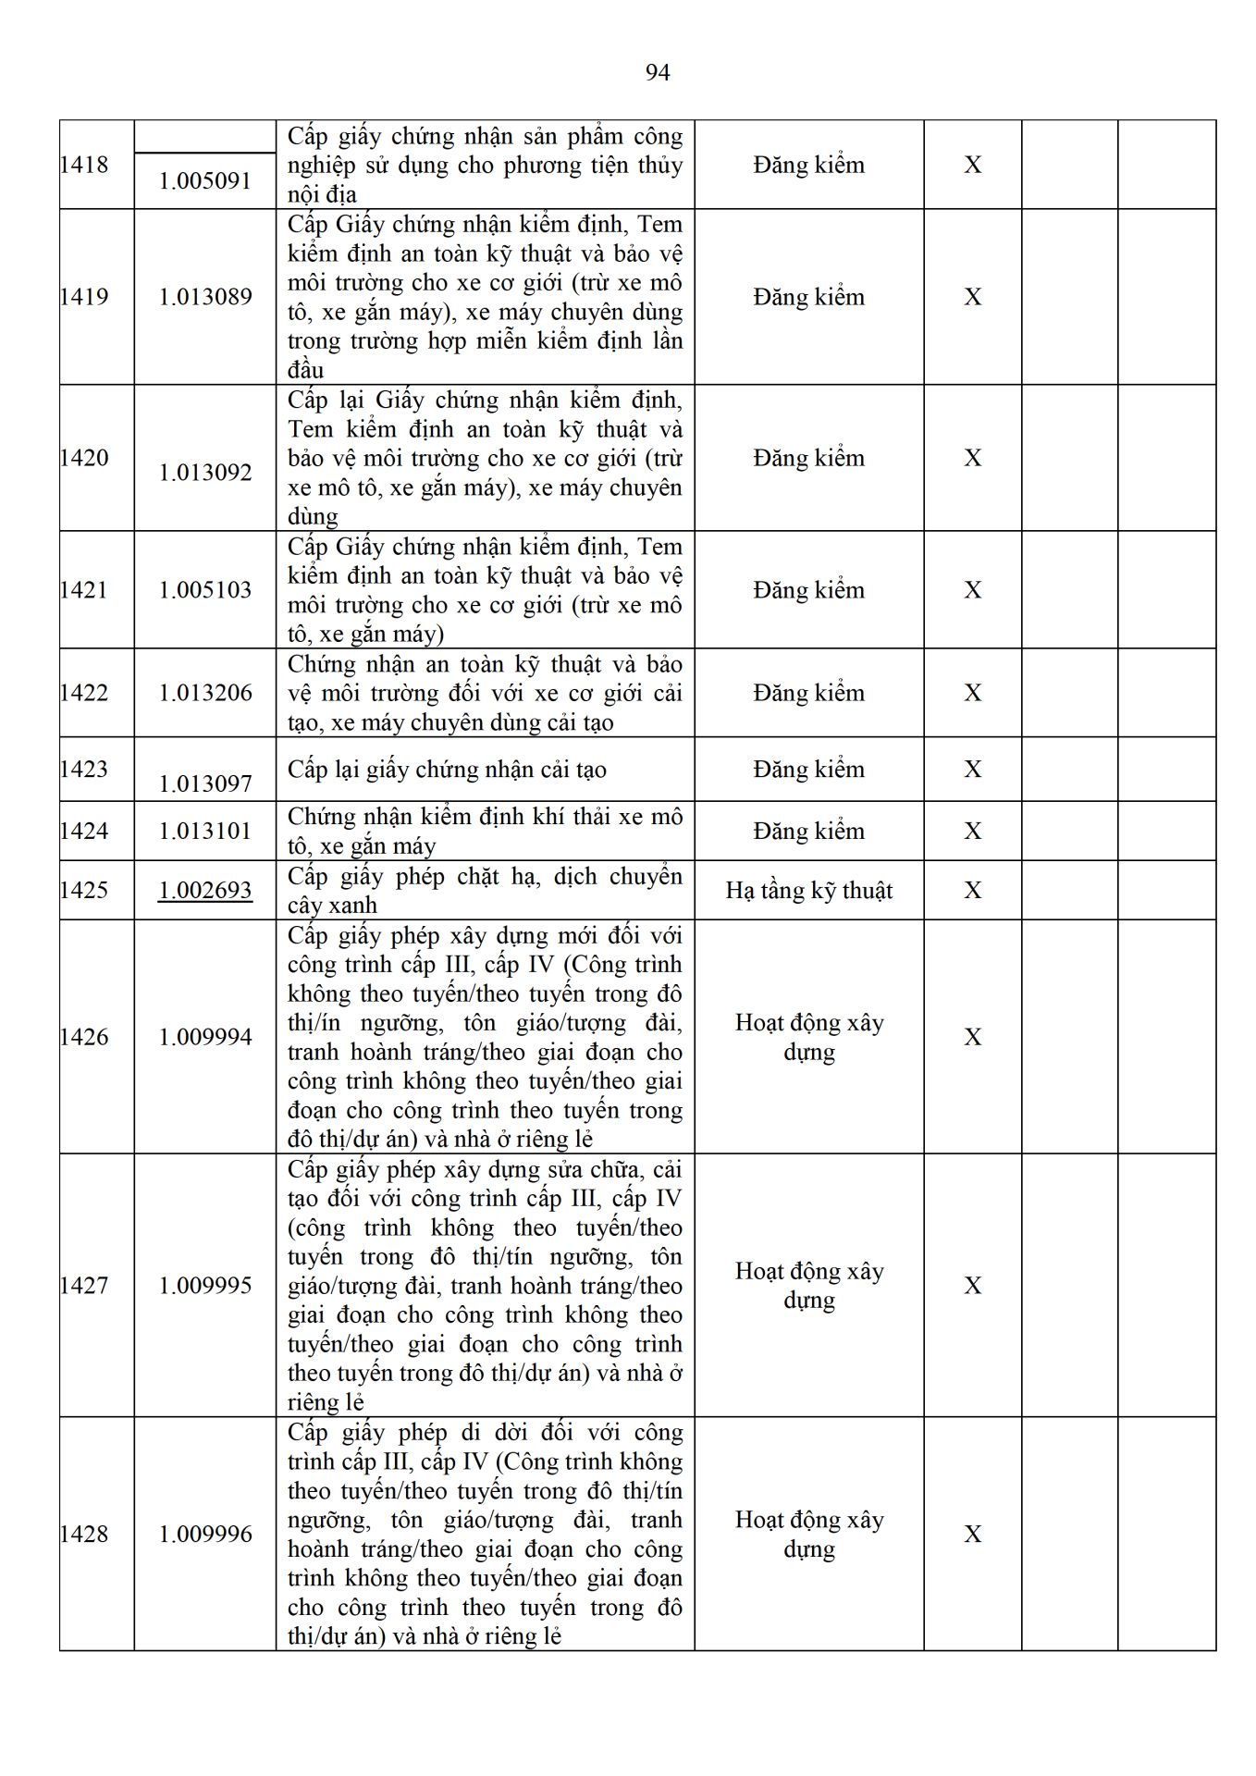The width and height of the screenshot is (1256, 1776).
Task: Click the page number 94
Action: (657, 73)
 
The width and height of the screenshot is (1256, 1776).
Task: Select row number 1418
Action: (84, 165)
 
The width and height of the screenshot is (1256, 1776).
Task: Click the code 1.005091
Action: (205, 180)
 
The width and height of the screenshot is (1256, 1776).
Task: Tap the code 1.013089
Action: (205, 297)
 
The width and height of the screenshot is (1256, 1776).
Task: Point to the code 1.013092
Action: (205, 473)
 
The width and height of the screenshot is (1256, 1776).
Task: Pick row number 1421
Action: (84, 590)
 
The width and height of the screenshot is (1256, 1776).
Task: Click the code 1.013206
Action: (205, 693)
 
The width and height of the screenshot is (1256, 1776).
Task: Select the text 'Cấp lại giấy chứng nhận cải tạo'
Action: (447, 770)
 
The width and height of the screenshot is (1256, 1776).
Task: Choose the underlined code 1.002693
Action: (205, 890)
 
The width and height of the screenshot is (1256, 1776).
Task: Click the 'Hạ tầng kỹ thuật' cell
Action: (809, 891)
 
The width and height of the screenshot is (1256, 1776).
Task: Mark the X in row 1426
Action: (973, 1037)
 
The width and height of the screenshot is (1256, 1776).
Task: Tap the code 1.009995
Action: (205, 1286)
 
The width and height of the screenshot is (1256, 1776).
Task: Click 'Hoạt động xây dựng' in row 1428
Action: (809, 1535)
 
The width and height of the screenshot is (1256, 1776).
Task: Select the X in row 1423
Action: (973, 770)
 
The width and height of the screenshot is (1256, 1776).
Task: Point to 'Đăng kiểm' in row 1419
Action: (809, 297)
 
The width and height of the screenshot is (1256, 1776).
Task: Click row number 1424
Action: (84, 831)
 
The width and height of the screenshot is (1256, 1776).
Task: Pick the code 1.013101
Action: (205, 831)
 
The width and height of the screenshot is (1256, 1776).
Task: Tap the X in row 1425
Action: (973, 890)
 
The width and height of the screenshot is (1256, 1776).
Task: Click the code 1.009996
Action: (205, 1535)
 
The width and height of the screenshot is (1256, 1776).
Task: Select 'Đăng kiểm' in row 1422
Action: (809, 693)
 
